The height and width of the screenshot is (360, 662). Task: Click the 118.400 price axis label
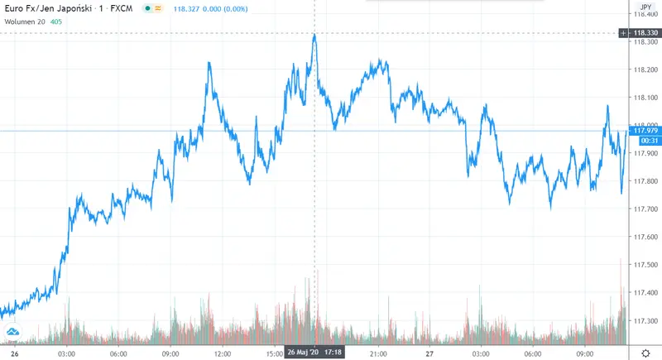645,14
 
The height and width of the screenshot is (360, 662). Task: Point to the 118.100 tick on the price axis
645,98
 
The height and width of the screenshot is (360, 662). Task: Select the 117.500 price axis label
645,265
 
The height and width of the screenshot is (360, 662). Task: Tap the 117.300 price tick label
645,320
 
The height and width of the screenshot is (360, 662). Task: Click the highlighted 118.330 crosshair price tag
645,33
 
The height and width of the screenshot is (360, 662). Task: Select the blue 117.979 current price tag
645,130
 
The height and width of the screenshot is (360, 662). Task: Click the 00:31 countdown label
645,140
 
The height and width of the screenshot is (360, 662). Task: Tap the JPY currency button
646,5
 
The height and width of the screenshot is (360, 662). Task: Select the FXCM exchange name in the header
122,7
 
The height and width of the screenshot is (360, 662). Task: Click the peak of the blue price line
314,35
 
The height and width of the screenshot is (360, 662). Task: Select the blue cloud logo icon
12,333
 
